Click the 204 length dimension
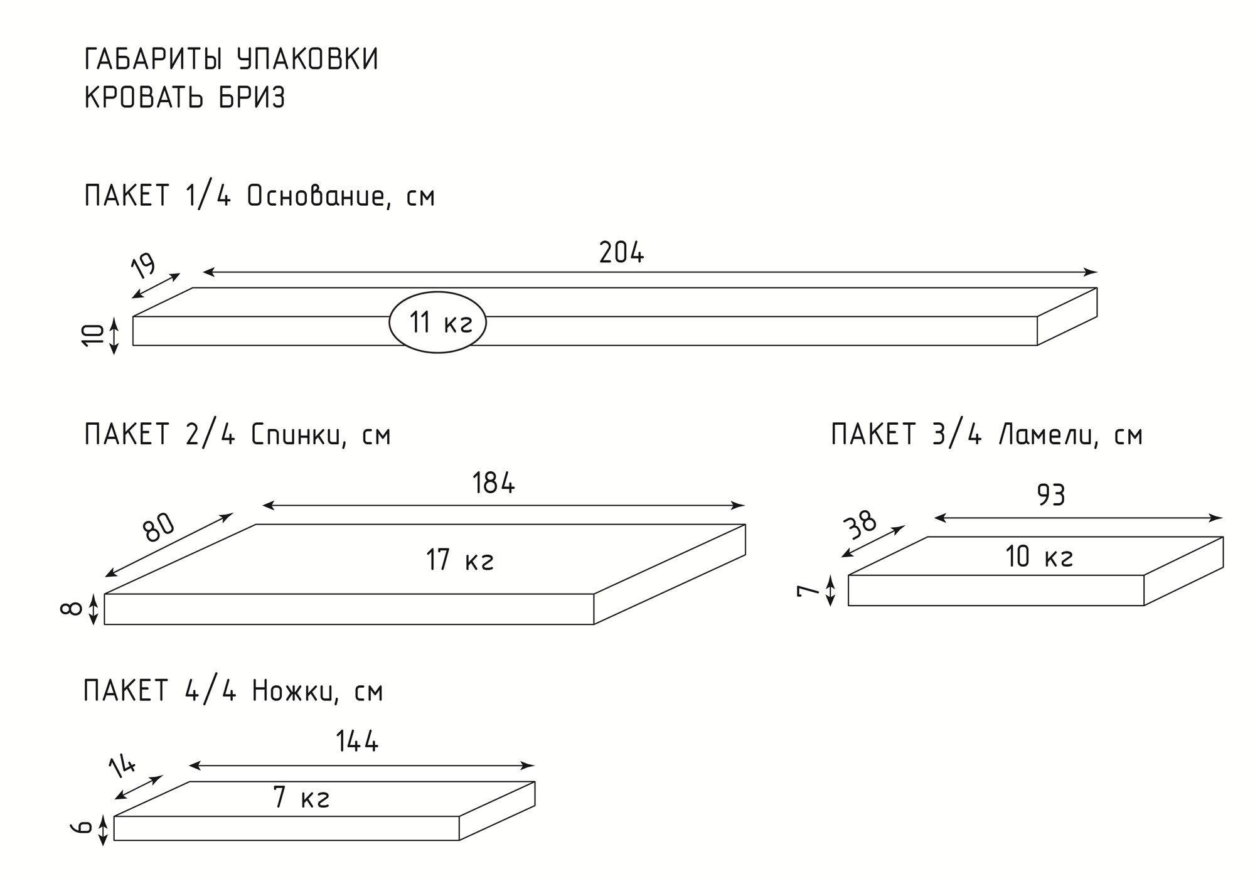coord(621,253)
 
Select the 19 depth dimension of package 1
coord(144,265)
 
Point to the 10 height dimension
coord(93,335)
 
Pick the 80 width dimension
coord(158,527)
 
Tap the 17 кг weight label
coord(459,560)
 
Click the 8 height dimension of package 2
coord(72,609)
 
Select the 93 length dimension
coord(1051,496)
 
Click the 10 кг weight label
coord(1039,557)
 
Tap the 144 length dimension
coord(357,742)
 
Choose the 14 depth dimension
coord(122,767)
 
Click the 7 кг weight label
coord(302,798)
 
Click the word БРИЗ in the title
coord(252,98)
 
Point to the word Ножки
coord(292,691)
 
